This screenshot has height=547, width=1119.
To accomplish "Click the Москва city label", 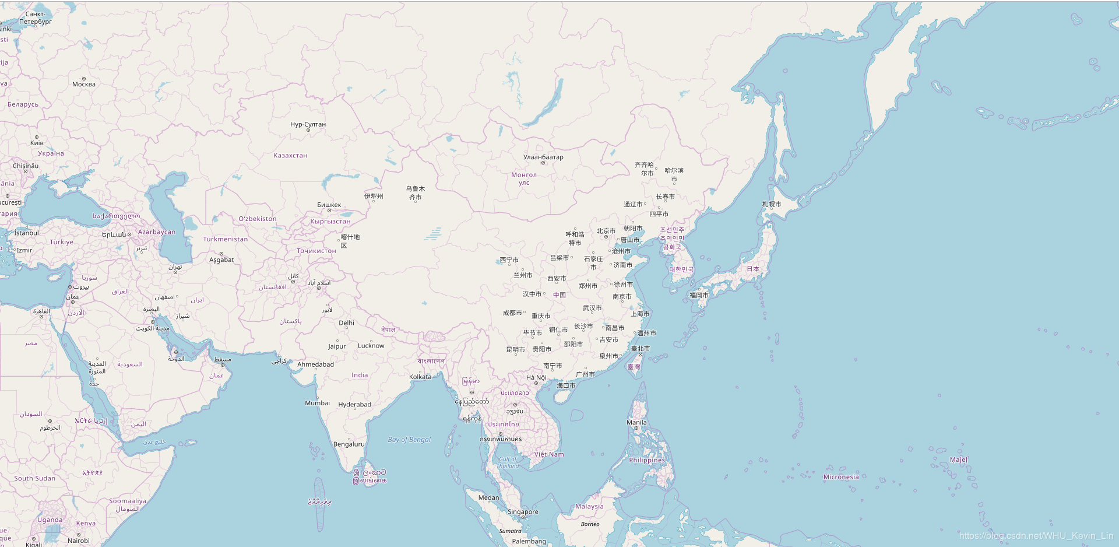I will [84, 84].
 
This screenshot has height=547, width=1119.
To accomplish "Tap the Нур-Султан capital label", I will [308, 124].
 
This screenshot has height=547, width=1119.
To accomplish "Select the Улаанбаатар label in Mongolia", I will [543, 157].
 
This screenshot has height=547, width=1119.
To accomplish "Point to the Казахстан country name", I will [290, 156].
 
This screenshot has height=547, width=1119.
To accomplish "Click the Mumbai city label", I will [317, 403].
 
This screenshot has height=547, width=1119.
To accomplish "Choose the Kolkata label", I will [420, 377].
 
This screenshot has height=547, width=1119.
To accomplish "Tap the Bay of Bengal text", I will [409, 440].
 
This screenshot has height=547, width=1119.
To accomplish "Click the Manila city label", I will [636, 422].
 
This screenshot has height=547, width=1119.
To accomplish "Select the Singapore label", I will [523, 512].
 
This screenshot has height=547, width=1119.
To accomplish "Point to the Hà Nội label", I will [536, 377].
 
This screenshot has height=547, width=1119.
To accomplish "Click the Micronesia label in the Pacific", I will [840, 477].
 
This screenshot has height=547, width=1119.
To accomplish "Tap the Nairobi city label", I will [79, 541].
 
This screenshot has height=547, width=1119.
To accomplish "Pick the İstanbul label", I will [26, 233].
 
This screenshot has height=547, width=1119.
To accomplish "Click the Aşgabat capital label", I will [221, 260].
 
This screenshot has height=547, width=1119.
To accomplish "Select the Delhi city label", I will [346, 322].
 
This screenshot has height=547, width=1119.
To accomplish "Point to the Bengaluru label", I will [349, 444].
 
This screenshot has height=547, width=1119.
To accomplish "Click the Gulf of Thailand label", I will [508, 462].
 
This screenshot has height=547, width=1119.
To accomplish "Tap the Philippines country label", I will [647, 460].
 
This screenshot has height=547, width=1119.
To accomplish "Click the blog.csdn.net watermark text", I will [1036, 535].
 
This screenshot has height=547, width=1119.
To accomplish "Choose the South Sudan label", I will [35, 478].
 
